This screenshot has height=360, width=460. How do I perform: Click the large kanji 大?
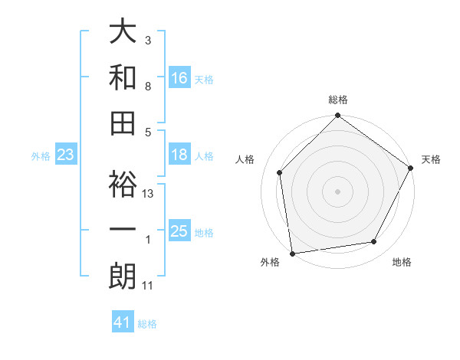123,33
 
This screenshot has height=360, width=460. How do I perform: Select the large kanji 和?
123,77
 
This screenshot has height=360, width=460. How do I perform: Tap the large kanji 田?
123,123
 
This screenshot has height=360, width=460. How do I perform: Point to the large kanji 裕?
123,184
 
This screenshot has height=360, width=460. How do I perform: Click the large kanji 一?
123,230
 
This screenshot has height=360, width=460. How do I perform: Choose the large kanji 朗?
123,277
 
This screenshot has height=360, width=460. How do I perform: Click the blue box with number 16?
179,78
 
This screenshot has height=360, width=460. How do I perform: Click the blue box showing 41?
123,322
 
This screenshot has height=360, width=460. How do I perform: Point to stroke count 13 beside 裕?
149,194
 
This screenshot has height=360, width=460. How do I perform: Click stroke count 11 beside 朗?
148,286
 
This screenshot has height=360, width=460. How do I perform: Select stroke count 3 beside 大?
147,40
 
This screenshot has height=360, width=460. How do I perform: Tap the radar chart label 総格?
338,100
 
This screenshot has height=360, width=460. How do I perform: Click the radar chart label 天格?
431,160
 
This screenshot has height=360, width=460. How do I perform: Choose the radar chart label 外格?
270,263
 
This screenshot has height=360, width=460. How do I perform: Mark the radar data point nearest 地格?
374,242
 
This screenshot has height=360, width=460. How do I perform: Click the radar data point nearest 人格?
280,172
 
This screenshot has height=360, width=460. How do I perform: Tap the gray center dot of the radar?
337,191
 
